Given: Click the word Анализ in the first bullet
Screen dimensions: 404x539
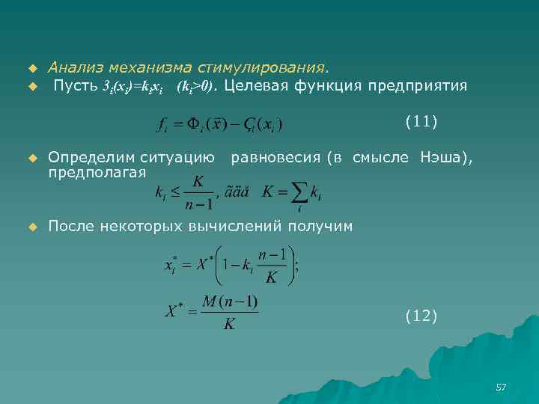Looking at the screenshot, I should pos(73,68).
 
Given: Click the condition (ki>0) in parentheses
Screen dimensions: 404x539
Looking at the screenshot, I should pos(195,87).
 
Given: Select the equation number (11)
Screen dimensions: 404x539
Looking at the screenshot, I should pos(421,120).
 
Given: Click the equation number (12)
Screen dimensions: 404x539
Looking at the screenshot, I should pos(421,316).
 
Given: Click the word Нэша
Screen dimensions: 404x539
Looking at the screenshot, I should pos(444,157).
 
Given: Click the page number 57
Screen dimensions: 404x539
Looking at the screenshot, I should pos(501,387).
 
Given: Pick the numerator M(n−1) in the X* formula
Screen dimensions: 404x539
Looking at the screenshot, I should pos(229,302).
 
